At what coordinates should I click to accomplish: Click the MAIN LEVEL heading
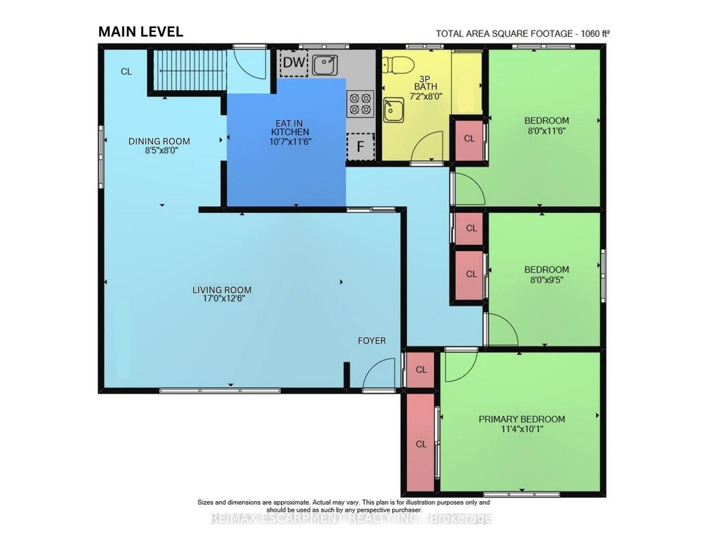pyautogui.click(x=141, y=32)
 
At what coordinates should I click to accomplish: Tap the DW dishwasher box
pyautogui.click(x=294, y=63)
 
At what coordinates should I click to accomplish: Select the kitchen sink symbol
pyautogui.click(x=325, y=65)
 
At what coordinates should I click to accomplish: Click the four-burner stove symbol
pyautogui.click(x=360, y=104)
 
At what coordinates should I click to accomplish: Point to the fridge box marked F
pyautogui.click(x=360, y=147)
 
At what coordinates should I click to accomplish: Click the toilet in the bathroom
pyautogui.click(x=398, y=65)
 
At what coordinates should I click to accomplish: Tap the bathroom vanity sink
pyautogui.click(x=393, y=110)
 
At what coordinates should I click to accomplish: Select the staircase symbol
pyautogui.click(x=188, y=70)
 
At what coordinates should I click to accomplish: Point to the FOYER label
pyautogui.click(x=372, y=341)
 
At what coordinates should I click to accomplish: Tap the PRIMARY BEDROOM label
pyautogui.click(x=522, y=419)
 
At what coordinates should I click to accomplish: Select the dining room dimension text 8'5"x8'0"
pyautogui.click(x=161, y=150)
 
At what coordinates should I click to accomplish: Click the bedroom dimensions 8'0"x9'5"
pyautogui.click(x=547, y=279)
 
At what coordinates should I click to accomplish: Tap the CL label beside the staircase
pyautogui.click(x=126, y=72)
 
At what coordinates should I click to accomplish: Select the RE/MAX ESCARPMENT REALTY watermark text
pyautogui.click(x=351, y=518)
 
